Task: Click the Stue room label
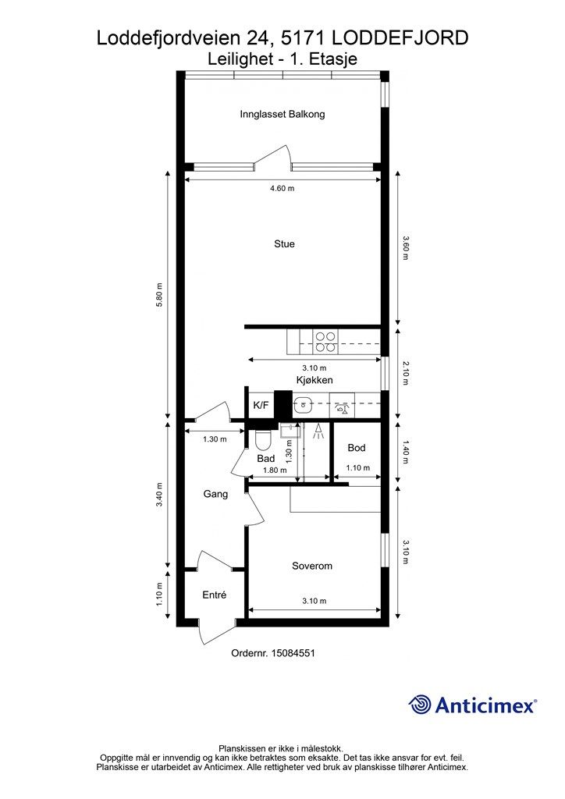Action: (284, 244)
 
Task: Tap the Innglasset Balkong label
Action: (282, 114)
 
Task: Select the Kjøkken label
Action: (314, 380)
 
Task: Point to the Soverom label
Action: (312, 566)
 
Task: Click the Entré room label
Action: (214, 595)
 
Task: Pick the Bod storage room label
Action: (356, 448)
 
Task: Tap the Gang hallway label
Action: (215, 494)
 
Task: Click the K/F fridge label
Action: (261, 406)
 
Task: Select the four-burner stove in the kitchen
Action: (325, 342)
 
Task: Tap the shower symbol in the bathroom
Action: (318, 431)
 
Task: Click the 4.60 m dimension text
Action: (282, 189)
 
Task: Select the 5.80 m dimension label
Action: (159, 294)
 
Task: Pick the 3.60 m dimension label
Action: (406, 247)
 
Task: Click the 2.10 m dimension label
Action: (406, 372)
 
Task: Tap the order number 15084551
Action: (293, 653)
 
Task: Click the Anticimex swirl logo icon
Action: (420, 705)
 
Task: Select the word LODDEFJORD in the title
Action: (400, 38)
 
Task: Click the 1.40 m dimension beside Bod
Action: (406, 452)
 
